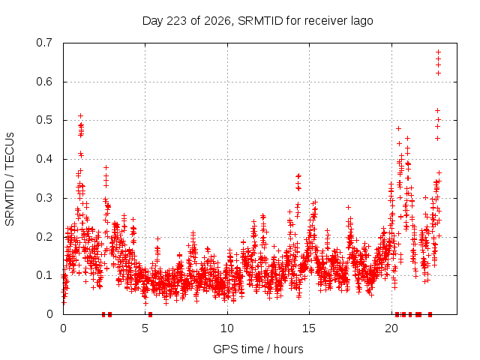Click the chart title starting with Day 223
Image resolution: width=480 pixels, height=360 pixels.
[258, 21]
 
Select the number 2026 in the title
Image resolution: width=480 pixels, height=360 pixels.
[217, 21]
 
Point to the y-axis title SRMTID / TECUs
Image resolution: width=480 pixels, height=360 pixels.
[10, 179]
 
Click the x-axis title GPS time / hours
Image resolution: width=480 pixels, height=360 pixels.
[258, 349]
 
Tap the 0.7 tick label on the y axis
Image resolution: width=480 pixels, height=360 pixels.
[44, 43]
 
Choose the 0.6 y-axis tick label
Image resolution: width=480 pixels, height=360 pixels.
[44, 82]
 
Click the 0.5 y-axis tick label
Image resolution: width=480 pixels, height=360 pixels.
[44, 120]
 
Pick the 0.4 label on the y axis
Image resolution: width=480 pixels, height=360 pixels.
[44, 159]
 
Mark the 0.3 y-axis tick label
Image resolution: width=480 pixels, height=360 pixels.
[44, 198]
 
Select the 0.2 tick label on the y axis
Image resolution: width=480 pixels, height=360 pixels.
[44, 237]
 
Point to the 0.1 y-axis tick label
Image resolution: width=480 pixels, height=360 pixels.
[44, 275]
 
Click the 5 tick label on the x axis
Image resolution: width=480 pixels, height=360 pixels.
[145, 328]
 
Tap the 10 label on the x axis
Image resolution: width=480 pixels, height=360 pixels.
[227, 328]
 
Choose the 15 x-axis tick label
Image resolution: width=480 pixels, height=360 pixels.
[309, 328]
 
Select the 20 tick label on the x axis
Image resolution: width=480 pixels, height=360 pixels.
[391, 328]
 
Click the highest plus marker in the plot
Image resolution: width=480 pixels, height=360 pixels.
[438, 52]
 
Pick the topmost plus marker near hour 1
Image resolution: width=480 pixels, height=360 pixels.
[80, 115]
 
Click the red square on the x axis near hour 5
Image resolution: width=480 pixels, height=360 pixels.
[150, 314]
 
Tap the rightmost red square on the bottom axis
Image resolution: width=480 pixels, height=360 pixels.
[430, 314]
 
